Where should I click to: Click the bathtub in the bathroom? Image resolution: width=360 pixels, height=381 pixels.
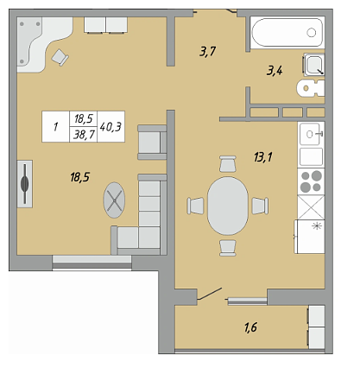(287, 33)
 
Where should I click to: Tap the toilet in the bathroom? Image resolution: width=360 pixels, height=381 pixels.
(311, 88)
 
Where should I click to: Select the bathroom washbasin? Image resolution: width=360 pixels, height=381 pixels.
(314, 65)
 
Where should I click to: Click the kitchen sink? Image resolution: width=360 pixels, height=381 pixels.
(311, 134)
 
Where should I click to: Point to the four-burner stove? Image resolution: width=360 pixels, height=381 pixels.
(311, 181)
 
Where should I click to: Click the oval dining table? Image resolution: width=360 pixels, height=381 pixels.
(228, 206)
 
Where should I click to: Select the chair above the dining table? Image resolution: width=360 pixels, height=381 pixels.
(228, 163)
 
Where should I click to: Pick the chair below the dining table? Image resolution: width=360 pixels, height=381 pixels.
(228, 248)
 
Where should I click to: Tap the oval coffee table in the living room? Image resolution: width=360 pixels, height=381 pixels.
(114, 200)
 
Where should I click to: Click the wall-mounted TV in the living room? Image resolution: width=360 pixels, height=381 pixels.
(25, 184)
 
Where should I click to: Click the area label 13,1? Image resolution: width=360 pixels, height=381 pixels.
(263, 157)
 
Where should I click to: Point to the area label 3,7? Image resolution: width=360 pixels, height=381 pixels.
(207, 52)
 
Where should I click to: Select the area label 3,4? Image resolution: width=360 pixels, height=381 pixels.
(275, 70)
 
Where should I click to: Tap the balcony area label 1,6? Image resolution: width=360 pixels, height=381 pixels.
(250, 327)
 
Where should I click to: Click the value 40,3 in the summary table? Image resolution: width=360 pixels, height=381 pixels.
(111, 127)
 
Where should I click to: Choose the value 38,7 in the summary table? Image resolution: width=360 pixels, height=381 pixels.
(84, 135)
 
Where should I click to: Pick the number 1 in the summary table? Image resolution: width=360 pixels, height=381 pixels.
(55, 127)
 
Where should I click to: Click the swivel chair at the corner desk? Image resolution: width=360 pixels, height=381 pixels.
(60, 57)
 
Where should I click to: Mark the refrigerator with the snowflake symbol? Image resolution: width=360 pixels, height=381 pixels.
(310, 237)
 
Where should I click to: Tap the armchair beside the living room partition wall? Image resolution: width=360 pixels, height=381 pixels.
(152, 143)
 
